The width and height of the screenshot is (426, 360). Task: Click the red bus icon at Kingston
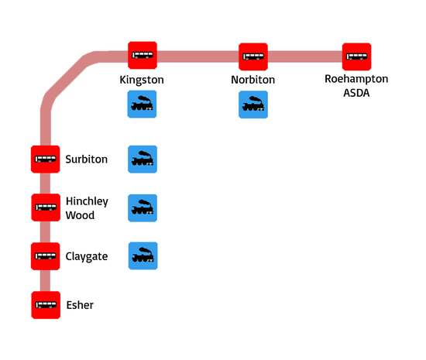[143, 56]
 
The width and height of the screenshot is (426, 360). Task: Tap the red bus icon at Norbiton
[253, 57]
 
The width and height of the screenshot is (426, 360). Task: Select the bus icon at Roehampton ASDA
[356, 57]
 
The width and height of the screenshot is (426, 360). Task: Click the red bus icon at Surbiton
[46, 159]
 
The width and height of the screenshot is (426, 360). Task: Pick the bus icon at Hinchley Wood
[46, 207]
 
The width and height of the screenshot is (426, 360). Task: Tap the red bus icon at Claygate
[46, 256]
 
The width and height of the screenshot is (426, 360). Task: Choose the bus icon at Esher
[46, 305]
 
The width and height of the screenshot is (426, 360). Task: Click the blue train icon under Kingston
[142, 105]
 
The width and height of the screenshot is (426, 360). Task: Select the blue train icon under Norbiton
[253, 105]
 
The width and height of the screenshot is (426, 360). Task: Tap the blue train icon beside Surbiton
[143, 159]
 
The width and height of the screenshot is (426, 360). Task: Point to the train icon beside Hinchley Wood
[143, 208]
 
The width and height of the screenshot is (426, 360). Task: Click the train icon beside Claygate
[143, 255]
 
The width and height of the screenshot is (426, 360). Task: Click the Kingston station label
[142, 80]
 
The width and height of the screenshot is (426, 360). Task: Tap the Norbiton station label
[253, 80]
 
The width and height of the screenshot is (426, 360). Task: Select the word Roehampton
[356, 79]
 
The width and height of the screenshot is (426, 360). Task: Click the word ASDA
[356, 93]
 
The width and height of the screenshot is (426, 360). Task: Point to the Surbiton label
[87, 159]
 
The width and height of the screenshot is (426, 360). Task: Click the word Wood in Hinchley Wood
[80, 215]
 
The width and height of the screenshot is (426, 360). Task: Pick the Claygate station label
[87, 256]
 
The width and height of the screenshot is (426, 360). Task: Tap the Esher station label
[80, 305]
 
